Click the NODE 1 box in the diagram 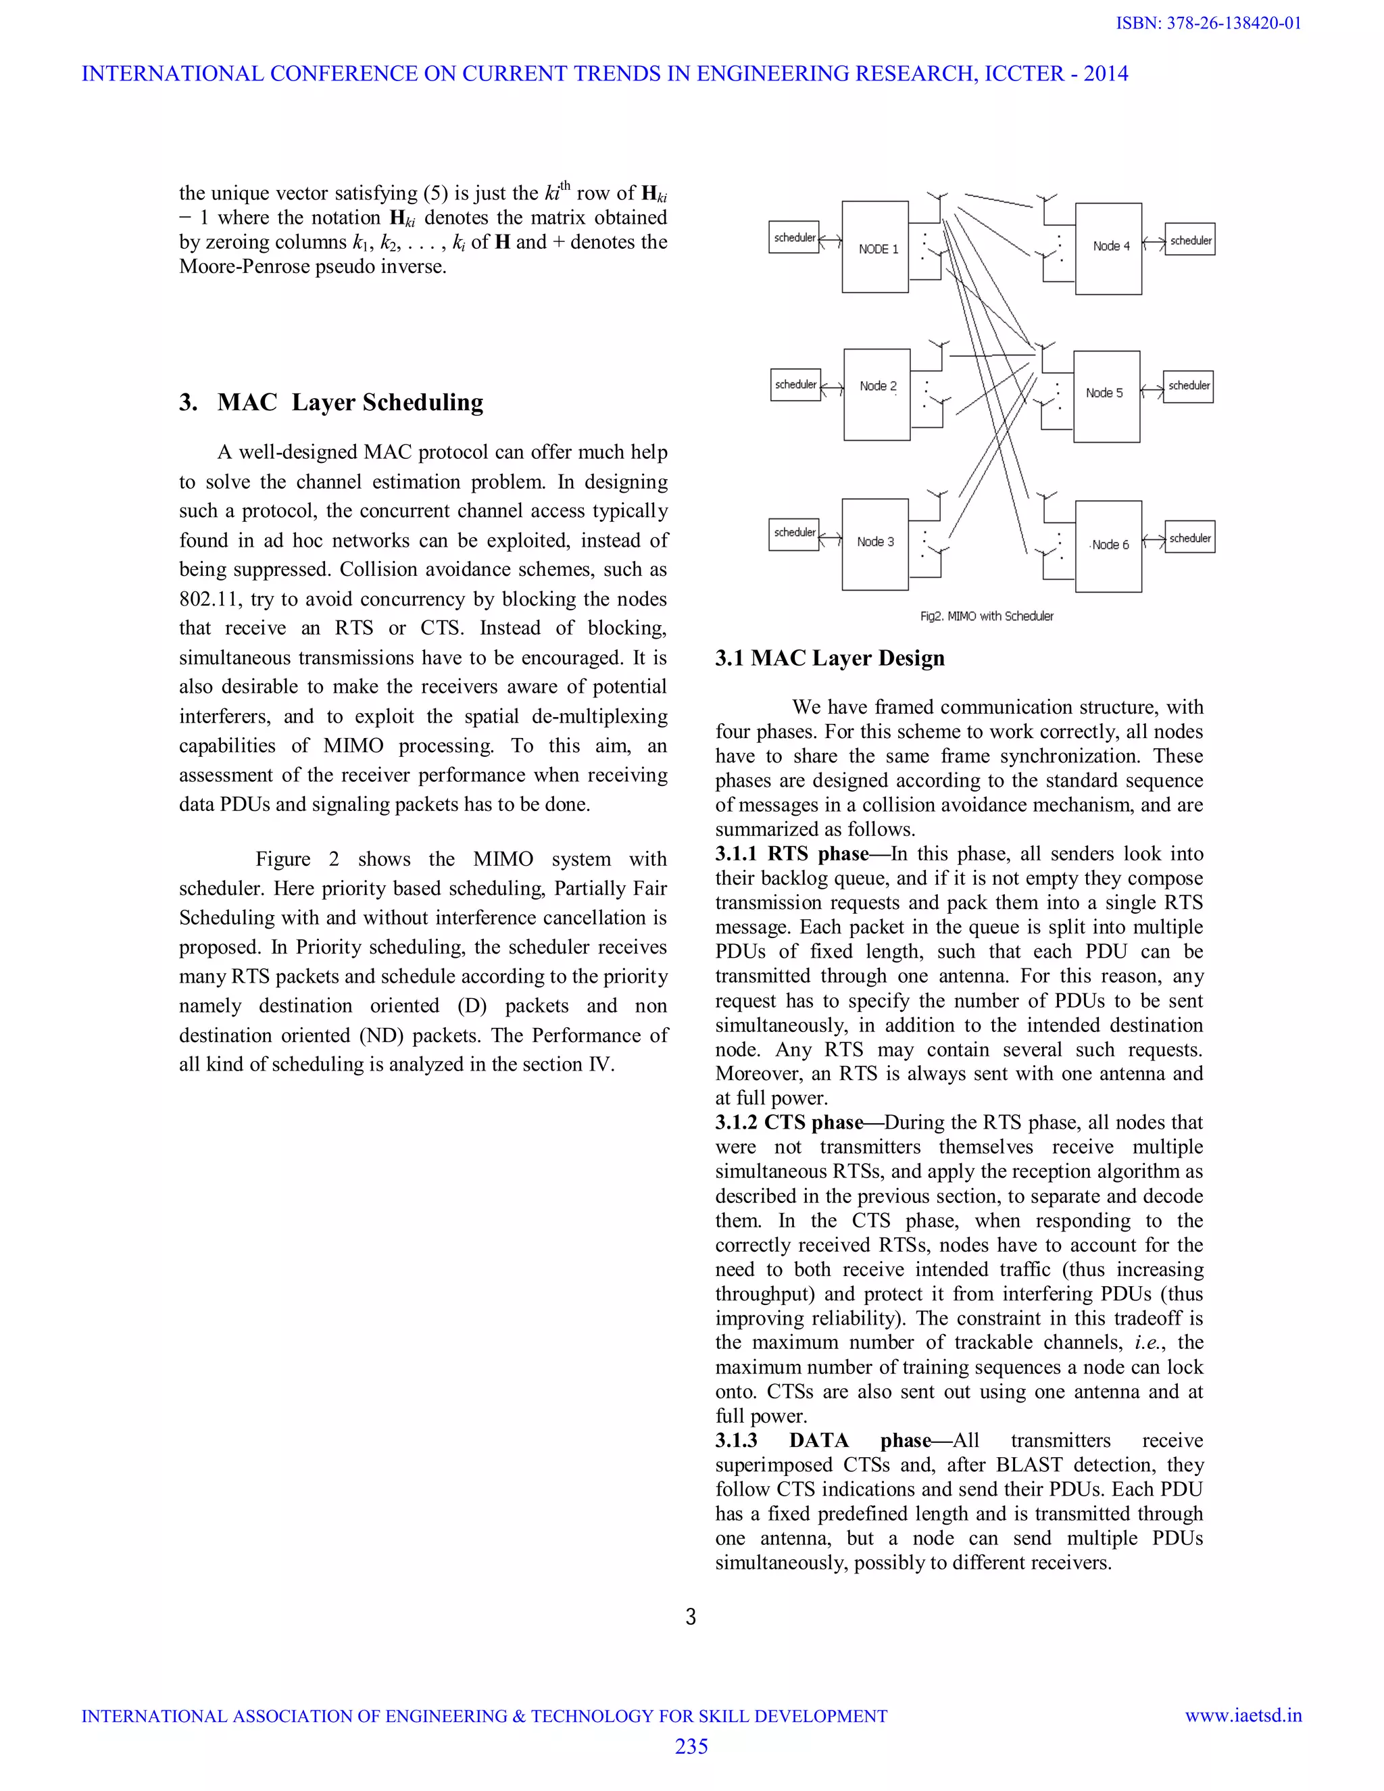[x=875, y=247]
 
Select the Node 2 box [x=876, y=395]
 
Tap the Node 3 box [x=875, y=543]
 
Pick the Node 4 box [x=1108, y=249]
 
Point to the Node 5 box [x=1106, y=396]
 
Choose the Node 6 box [x=1108, y=545]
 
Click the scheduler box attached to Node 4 [x=1189, y=241]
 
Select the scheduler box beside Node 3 [x=793, y=534]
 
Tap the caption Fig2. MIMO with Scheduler [x=987, y=616]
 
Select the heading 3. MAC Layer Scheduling [x=331, y=402]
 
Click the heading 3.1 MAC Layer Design [x=830, y=658]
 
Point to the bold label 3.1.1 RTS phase [x=791, y=854]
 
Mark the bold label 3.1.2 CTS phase [x=789, y=1122]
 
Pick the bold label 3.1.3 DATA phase [x=822, y=1440]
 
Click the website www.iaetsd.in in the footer [x=1243, y=1715]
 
